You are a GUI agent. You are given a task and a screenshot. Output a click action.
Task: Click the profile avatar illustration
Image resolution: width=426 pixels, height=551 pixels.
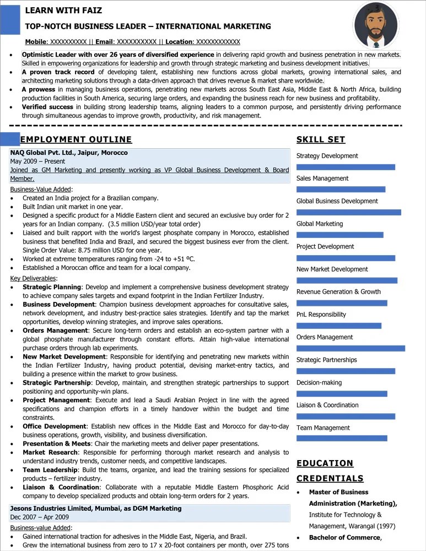pos(375,25)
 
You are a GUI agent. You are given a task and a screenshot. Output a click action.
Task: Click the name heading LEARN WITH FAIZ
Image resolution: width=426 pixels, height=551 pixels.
pos(63,10)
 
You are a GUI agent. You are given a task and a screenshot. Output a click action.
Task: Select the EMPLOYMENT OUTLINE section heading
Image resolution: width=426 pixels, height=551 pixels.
pos(76,139)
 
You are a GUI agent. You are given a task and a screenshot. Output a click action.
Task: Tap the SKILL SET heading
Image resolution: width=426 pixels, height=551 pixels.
pos(321,139)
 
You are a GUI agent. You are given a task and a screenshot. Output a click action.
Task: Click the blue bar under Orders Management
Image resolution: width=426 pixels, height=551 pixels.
pos(350,348)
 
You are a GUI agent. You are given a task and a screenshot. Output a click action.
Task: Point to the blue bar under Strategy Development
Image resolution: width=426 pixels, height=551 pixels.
pos(346,167)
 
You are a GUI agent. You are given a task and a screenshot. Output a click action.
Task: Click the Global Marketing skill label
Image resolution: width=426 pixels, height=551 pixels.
pos(320,224)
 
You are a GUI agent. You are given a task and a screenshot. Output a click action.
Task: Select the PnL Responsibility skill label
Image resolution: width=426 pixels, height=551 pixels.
pos(321,315)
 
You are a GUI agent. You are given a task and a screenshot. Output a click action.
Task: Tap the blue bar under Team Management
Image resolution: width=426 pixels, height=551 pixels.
pos(342,439)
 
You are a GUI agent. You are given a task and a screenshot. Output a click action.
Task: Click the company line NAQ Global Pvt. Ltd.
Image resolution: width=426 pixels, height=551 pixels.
pos(69,153)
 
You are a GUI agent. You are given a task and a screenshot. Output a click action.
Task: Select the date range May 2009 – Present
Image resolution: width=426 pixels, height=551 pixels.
pos(37,161)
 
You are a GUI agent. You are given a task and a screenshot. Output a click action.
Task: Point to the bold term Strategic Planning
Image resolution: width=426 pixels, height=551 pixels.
pos(52,287)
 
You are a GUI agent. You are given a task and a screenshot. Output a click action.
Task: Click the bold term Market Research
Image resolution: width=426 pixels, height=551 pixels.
pos(50,452)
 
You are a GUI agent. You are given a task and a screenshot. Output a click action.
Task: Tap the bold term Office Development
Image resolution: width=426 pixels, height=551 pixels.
pos(55,426)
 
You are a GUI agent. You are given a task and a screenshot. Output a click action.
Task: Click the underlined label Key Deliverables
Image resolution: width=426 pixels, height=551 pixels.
pos(33,278)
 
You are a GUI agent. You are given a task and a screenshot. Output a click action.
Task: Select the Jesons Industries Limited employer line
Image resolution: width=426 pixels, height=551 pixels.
pos(95,508)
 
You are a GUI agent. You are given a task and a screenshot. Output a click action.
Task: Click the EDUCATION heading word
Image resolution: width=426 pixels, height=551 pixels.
pos(325,463)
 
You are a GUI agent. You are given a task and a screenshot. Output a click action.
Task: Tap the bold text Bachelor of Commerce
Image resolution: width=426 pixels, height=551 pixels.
pos(344,538)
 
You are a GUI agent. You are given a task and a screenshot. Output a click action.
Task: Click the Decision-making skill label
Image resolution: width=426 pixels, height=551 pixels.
pos(319,382)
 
